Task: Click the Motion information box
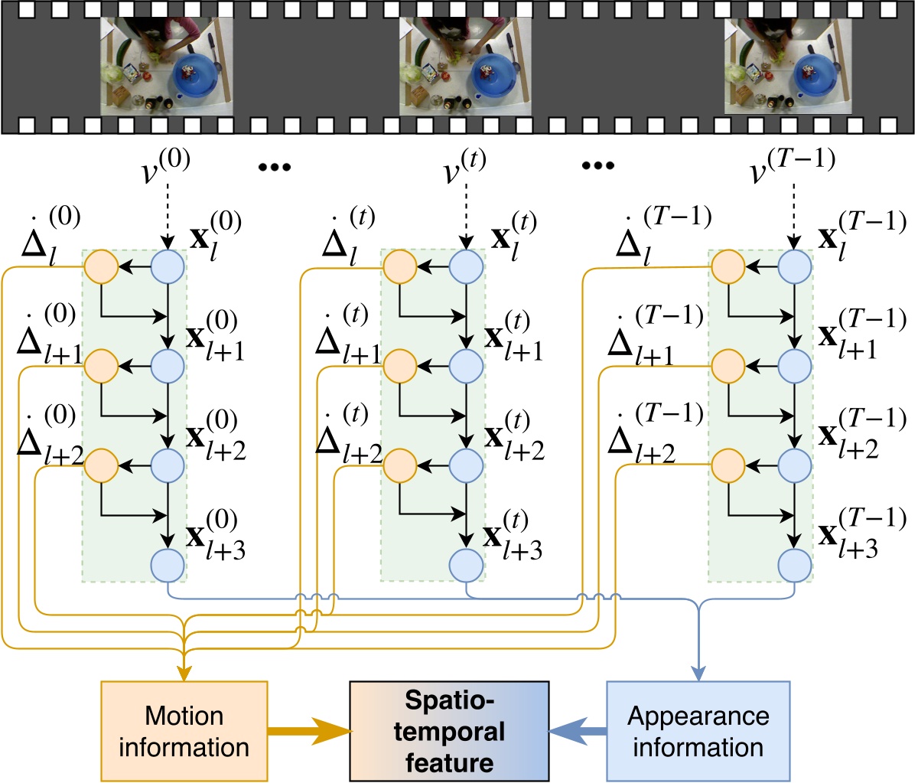point(184,730)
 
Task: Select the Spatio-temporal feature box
point(449,730)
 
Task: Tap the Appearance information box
point(697,730)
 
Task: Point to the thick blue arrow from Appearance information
point(578,731)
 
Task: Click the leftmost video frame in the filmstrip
point(167,67)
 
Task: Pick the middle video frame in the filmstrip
point(465,67)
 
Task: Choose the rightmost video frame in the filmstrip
point(788,67)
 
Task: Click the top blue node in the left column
point(168,267)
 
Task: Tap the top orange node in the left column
point(100,267)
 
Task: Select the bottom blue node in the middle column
point(466,566)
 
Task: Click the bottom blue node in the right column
point(795,566)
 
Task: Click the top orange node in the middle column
point(399,267)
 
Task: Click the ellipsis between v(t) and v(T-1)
point(597,166)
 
